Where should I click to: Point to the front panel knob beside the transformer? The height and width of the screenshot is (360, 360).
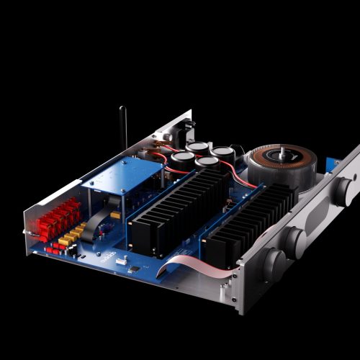point(343,189)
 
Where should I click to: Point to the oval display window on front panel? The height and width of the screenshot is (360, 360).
point(318,216)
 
